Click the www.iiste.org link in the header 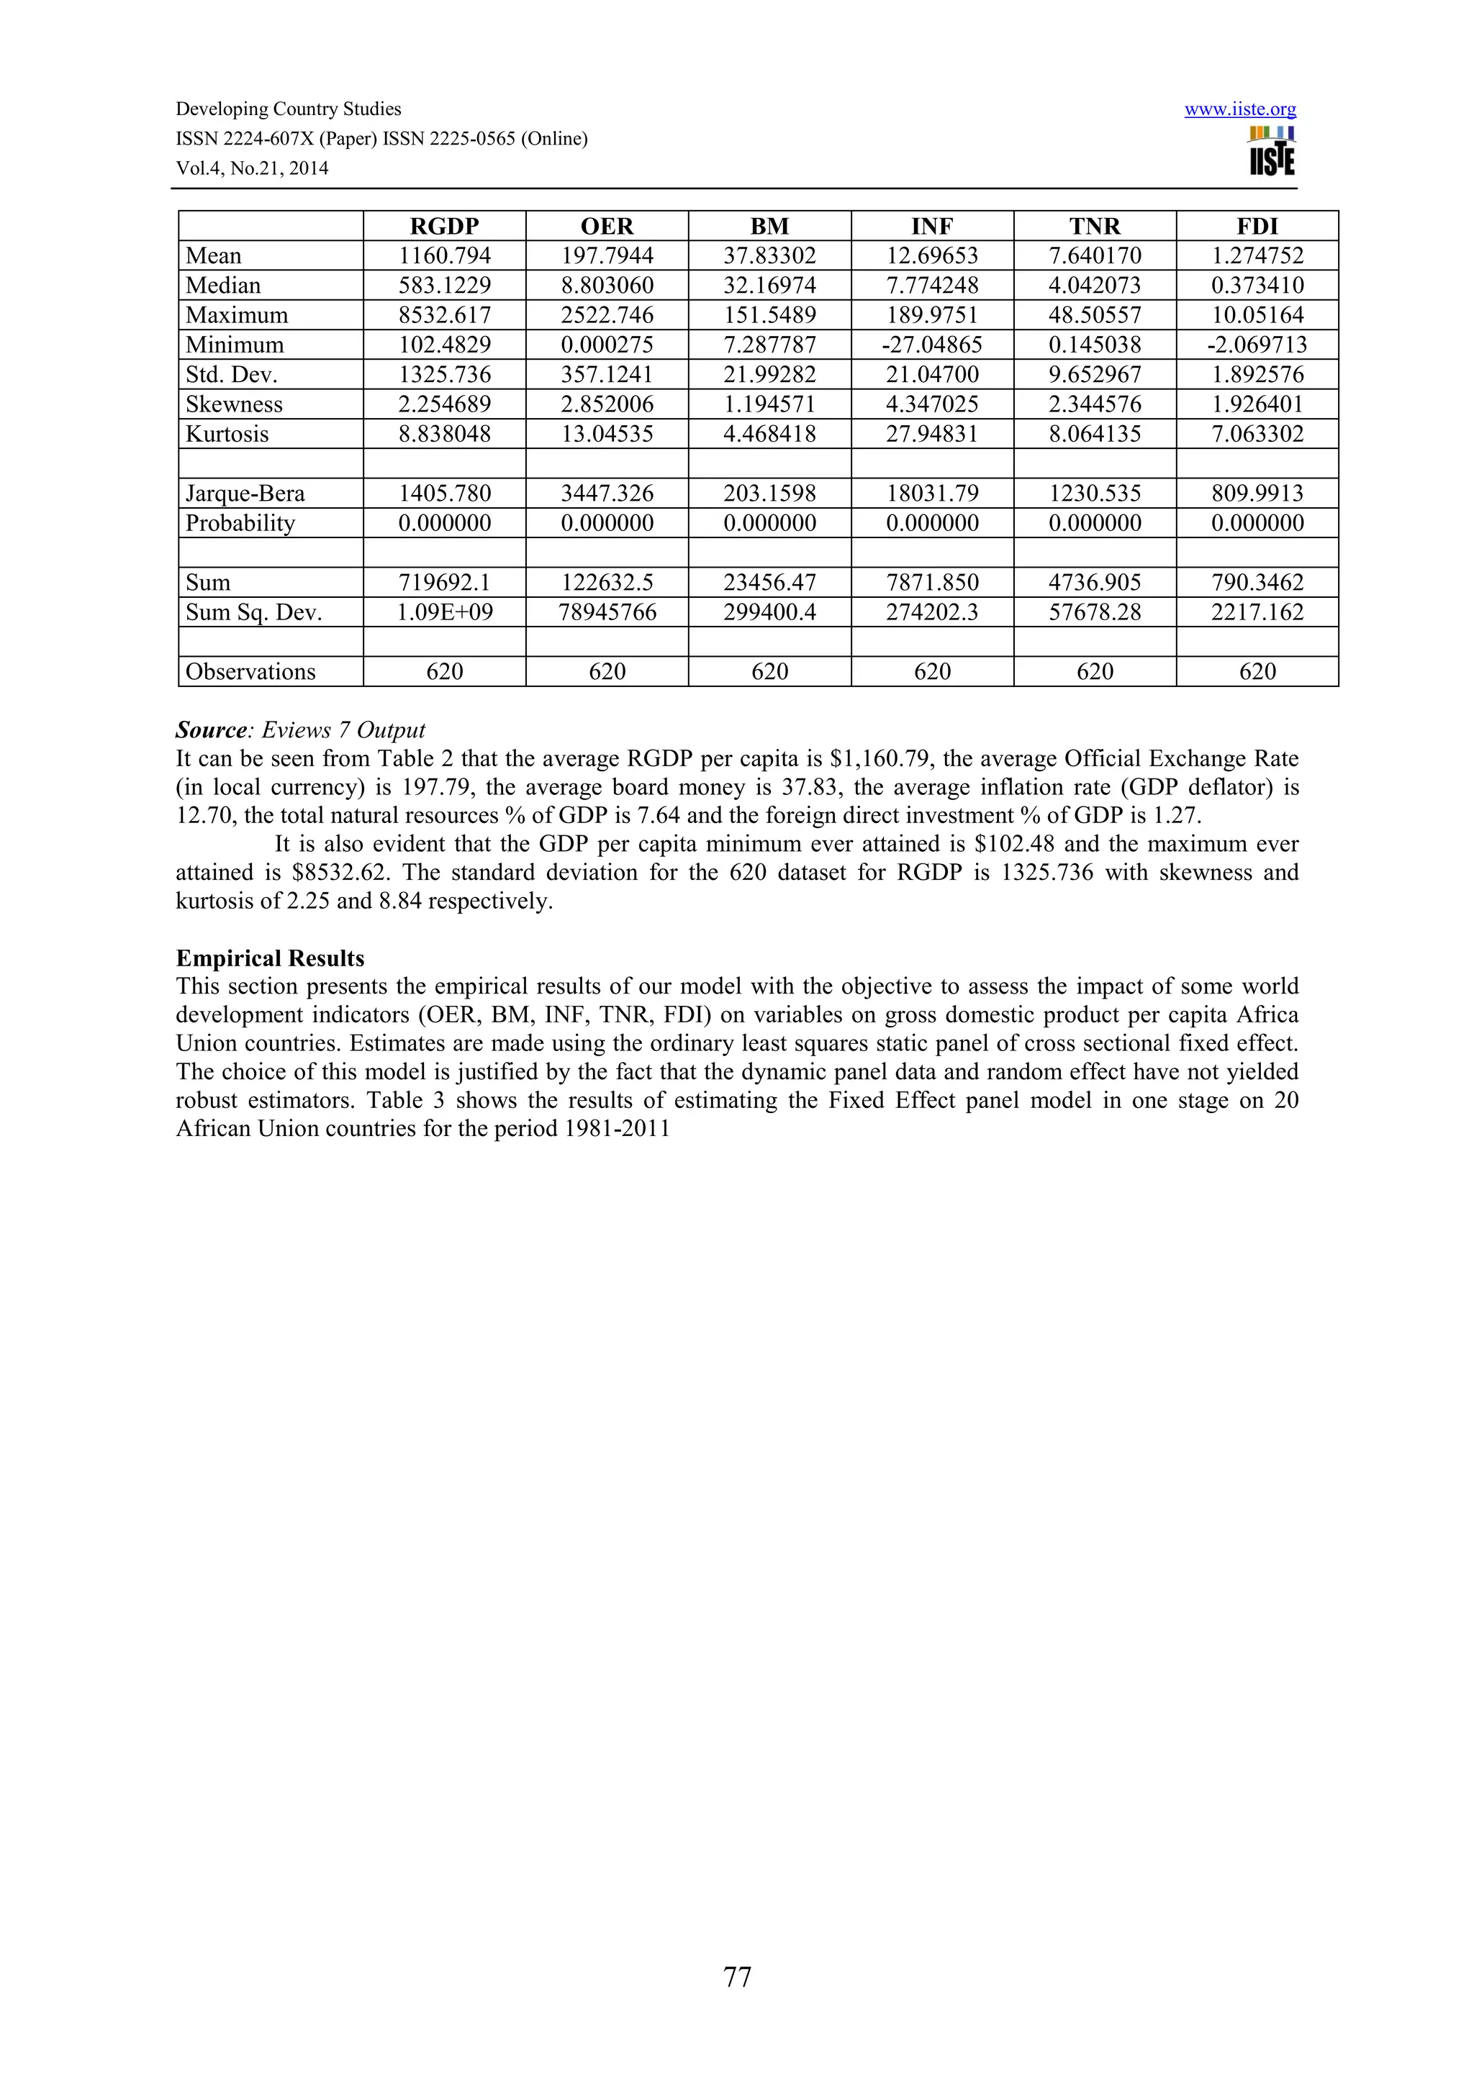1239,110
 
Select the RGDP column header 444,226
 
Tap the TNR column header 1095,226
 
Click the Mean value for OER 607,256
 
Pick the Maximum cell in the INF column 932,315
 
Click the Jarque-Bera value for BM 769,493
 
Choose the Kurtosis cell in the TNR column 1095,434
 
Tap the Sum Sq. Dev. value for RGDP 444,612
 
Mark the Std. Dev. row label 231,375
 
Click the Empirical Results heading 270,958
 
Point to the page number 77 736,1977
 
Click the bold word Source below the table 211,730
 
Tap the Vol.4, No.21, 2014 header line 252,168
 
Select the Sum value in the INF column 932,582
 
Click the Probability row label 240,523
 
